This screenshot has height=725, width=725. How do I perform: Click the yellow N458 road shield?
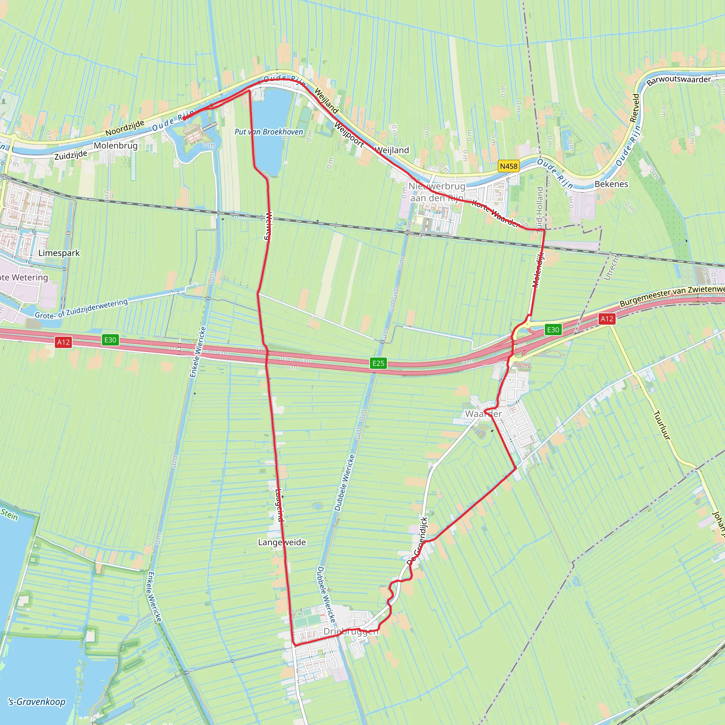coord(508,166)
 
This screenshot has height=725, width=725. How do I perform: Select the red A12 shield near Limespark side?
coord(63,342)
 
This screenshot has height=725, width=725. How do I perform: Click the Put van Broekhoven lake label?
coord(268,132)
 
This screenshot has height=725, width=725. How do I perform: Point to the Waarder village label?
coord(483,413)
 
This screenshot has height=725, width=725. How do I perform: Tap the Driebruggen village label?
coord(351,631)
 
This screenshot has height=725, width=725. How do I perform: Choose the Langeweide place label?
coord(282,542)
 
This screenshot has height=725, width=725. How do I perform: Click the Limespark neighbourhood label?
coord(59,253)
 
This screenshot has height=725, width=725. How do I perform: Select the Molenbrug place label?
coord(115,145)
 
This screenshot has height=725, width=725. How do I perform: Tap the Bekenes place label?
coord(611,184)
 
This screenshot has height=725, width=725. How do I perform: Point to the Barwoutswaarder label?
coord(679,80)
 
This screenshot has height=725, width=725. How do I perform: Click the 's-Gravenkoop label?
coord(37,701)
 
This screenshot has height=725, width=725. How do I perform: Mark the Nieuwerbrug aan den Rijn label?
coord(436,192)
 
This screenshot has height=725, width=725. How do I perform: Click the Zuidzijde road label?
coord(70,155)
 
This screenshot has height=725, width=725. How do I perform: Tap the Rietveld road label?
coord(635,108)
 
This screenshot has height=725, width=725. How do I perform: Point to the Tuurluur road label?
coord(662,425)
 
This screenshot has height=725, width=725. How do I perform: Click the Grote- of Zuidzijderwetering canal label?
coord(81,308)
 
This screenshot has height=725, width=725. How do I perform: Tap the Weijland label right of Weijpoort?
coord(392,150)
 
